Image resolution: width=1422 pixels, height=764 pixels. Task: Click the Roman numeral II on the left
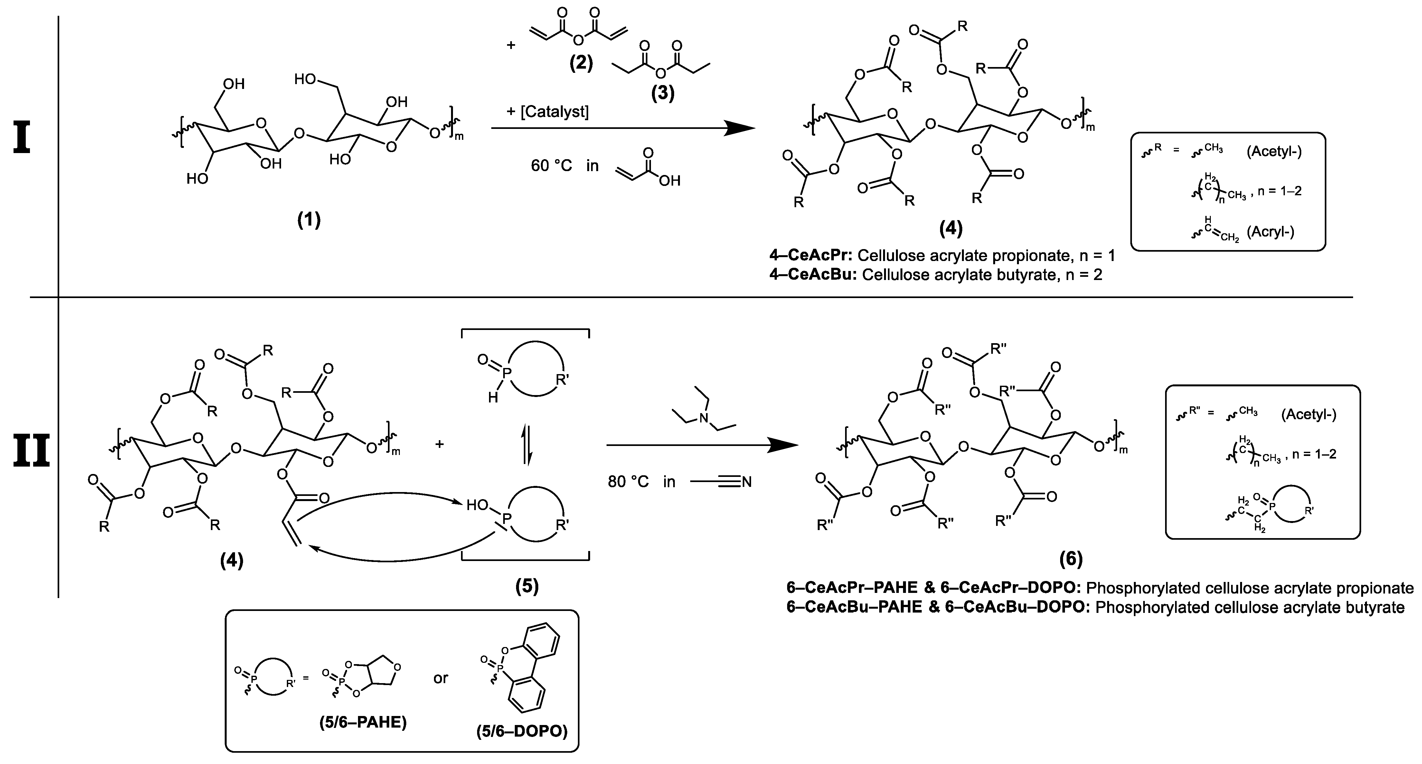coord(32,450)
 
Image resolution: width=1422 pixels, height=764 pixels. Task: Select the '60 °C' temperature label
coord(551,165)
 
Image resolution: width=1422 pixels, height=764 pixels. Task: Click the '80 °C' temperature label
coord(628,482)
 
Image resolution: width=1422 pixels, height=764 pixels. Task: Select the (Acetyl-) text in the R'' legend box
coord(1308,414)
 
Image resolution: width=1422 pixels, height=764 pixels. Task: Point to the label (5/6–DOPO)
coord(522,747)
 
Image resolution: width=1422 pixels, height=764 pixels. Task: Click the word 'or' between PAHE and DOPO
coord(440,678)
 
